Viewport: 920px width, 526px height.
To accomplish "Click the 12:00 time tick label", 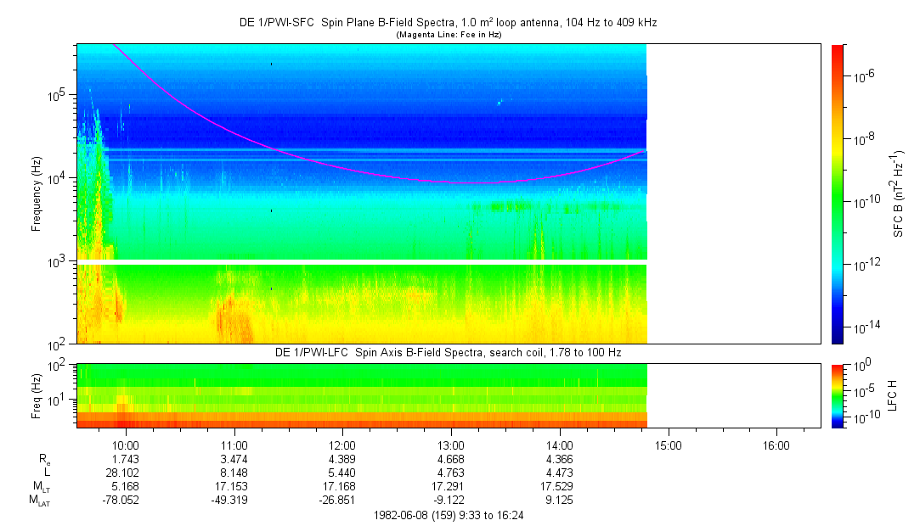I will coord(342,445).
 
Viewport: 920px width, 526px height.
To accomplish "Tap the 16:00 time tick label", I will coord(776,445).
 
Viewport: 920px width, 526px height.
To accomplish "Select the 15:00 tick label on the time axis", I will coord(668,445).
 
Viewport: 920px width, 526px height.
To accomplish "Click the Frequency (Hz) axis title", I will coord(37,194).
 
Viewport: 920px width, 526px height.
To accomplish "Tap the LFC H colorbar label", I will coord(893,395).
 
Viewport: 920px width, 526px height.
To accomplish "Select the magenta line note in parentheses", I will coord(448,35).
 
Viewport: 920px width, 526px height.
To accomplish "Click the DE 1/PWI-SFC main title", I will coord(448,23).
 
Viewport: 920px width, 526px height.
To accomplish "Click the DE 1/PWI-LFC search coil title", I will coord(449,352).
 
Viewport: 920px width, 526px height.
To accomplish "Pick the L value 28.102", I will coord(126,473).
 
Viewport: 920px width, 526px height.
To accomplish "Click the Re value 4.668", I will coord(451,459).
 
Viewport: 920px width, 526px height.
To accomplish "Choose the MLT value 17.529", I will coord(560,486).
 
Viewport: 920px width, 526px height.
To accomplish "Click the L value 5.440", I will coord(342,473).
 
